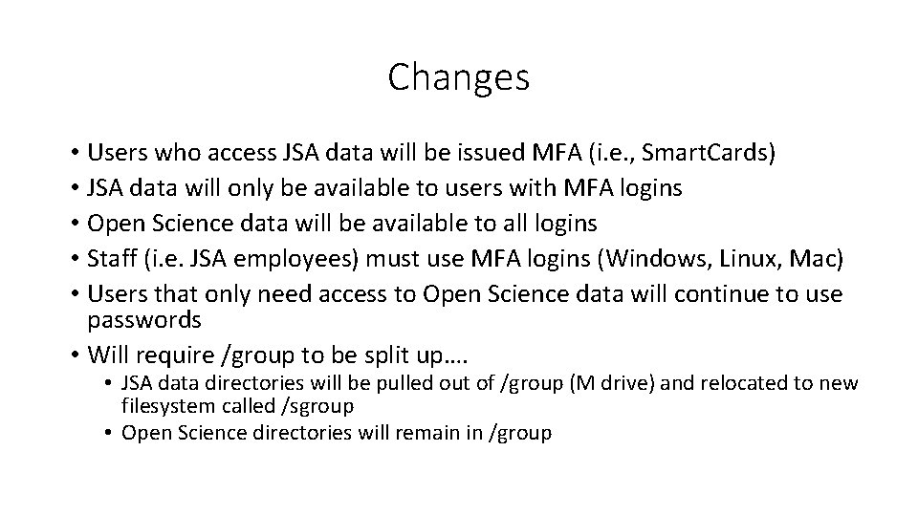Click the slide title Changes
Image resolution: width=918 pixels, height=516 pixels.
458,77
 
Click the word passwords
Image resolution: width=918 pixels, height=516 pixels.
144,320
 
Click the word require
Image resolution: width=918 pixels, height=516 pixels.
176,355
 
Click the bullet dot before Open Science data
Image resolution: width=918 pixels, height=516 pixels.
74,224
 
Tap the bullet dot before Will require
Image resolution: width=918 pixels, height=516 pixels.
74,355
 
